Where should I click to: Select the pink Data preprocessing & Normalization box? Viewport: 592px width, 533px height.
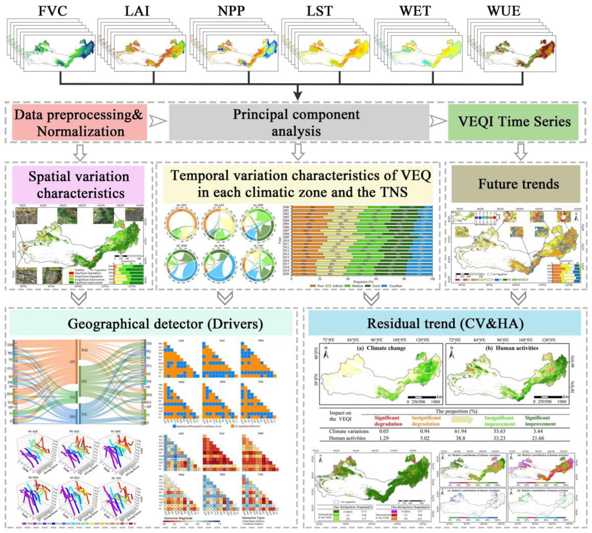point(79,123)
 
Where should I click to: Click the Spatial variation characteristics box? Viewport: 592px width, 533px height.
point(79,185)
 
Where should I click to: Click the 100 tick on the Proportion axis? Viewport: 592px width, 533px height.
point(432,280)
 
